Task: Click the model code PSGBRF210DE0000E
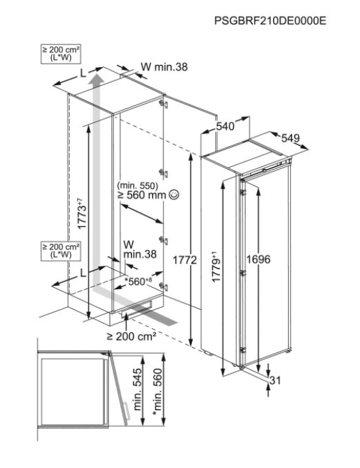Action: [x=270, y=21]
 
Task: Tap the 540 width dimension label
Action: [x=225, y=126]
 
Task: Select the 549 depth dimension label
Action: [x=290, y=138]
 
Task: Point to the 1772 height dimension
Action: [x=185, y=261]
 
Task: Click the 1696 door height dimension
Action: [x=258, y=259]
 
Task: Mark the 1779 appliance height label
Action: [x=216, y=267]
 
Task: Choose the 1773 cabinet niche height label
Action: [x=82, y=213]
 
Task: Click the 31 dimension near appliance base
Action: [x=275, y=380]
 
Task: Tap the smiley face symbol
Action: [x=174, y=195]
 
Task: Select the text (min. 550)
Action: [x=137, y=185]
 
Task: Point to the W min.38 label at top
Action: [x=164, y=67]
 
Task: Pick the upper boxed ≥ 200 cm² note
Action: [x=60, y=54]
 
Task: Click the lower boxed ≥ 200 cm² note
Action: [x=60, y=251]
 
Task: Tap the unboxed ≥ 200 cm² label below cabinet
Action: [x=132, y=336]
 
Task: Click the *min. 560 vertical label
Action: [x=157, y=392]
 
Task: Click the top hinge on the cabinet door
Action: [x=163, y=104]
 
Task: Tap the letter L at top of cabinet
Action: [x=83, y=73]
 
